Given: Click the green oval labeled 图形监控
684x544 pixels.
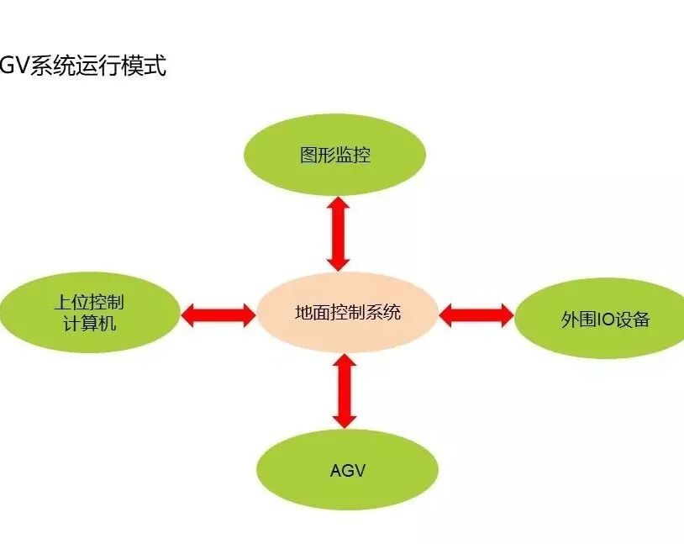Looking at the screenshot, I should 334,155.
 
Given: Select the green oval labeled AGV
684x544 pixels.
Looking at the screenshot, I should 347,469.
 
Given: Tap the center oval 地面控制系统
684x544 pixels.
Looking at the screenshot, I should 347,313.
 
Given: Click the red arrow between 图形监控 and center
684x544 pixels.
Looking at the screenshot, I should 338,233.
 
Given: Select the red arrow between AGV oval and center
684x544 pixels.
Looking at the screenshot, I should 345,391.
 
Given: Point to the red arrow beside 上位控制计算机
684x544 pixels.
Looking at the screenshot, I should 218,315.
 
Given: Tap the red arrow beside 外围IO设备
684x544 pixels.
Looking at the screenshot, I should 476,315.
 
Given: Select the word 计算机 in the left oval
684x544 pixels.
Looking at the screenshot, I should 90,324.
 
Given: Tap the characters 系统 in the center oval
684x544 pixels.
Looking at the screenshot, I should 382,313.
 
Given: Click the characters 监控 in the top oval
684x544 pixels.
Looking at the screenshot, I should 353,156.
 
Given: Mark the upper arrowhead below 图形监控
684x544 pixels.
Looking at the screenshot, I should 338,205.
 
